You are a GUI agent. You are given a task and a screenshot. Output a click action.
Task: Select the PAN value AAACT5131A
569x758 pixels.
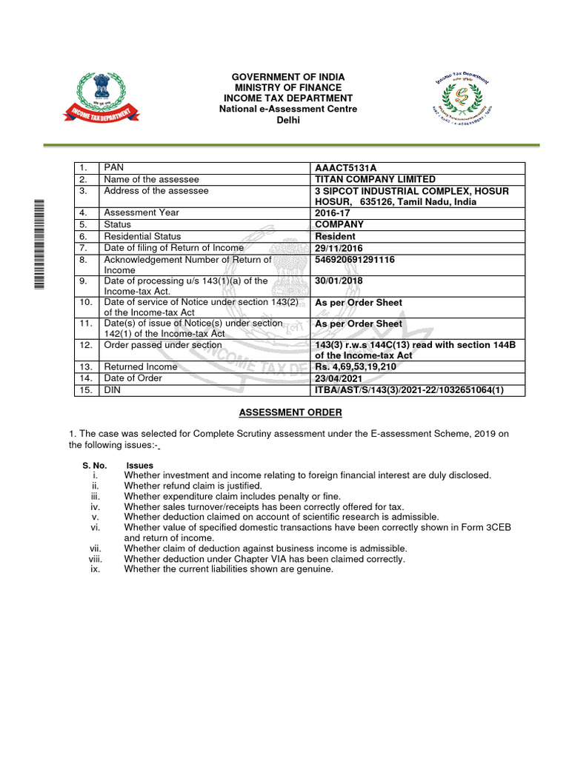341,168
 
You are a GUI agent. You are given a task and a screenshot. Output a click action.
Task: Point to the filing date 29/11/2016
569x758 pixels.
339,248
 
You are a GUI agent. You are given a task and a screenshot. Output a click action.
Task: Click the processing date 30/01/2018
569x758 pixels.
339,281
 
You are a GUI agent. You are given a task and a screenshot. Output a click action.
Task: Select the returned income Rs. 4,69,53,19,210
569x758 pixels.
359,366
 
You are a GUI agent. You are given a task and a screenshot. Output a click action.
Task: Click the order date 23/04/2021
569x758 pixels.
339,378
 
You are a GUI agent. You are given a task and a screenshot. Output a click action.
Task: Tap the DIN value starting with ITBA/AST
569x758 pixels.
409,390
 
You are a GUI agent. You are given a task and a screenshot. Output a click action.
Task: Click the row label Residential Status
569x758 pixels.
142,236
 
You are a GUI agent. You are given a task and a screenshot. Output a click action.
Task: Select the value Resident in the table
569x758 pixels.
335,236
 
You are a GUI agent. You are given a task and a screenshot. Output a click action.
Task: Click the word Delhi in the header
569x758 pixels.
288,120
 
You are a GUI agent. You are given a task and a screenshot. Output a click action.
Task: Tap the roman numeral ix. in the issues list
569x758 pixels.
95,569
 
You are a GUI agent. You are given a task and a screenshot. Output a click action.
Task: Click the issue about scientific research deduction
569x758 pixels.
282,517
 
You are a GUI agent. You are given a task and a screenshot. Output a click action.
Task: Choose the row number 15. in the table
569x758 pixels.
86,390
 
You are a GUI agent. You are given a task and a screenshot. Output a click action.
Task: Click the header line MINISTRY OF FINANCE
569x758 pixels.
288,88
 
